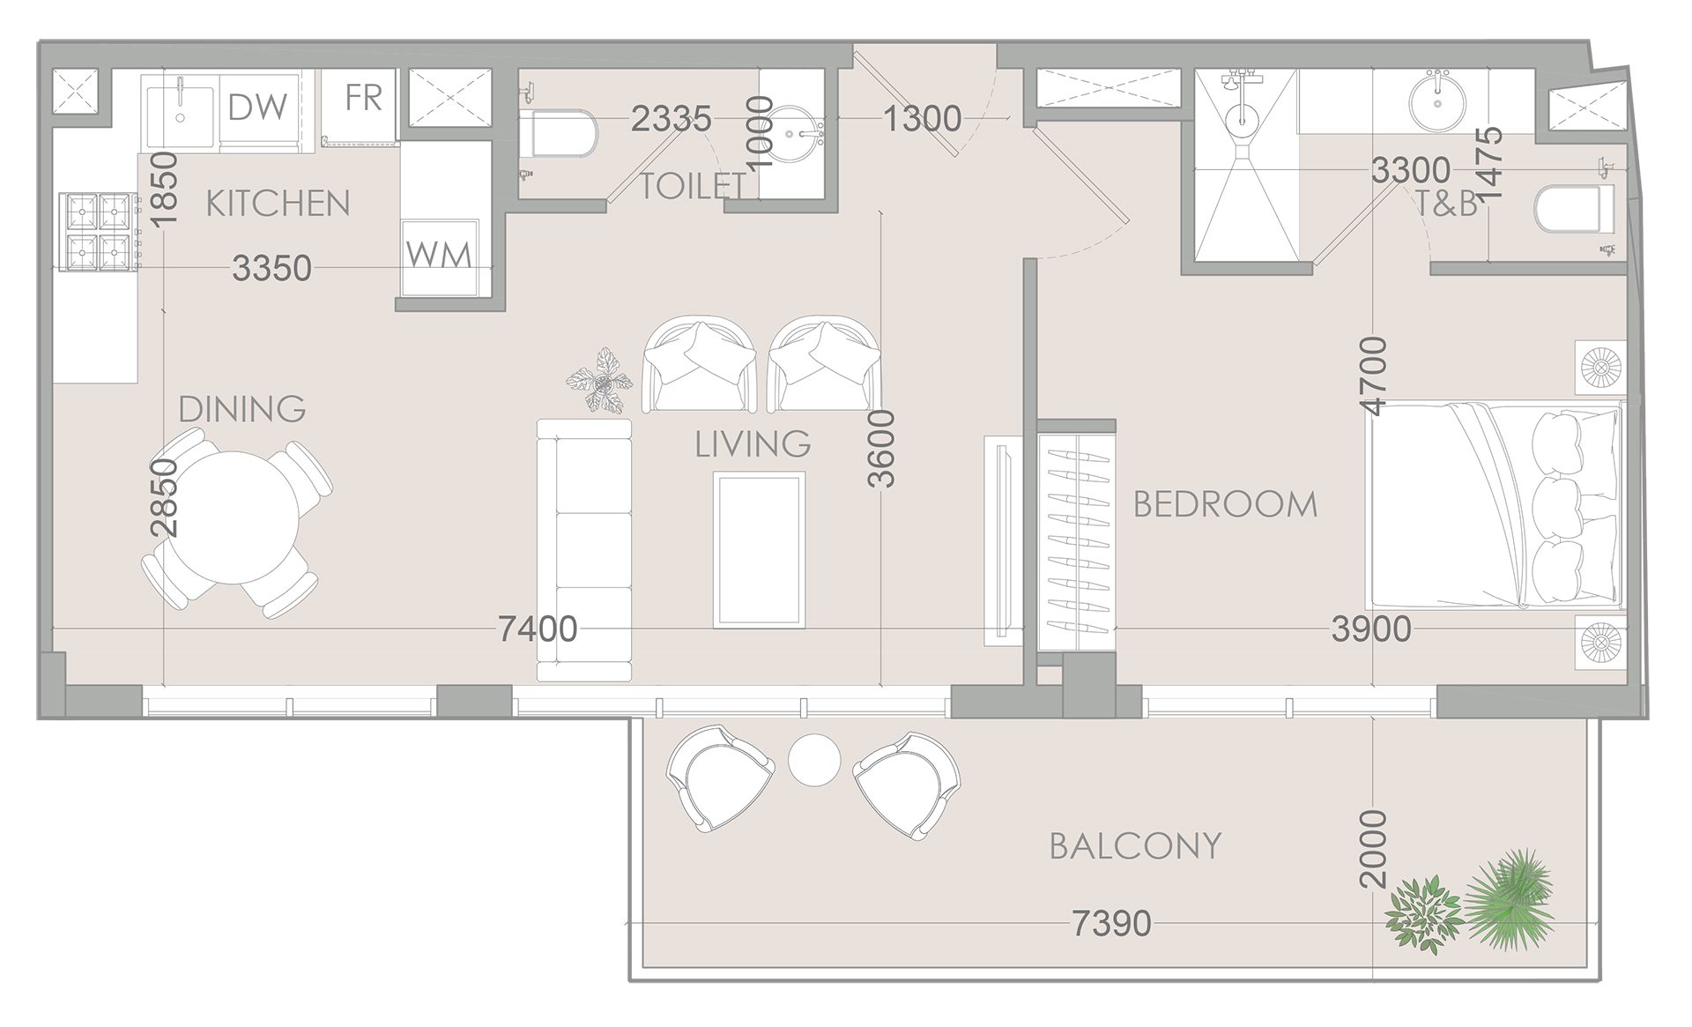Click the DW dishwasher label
(x=257, y=108)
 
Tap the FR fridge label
(x=363, y=98)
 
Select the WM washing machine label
(x=439, y=255)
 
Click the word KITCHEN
(x=278, y=204)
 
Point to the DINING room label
(x=242, y=409)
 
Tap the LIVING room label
(x=753, y=444)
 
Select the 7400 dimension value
(x=538, y=629)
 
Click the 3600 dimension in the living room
(x=881, y=449)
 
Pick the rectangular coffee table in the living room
(x=759, y=549)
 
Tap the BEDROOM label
(x=1225, y=504)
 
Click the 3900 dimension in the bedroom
(x=1371, y=629)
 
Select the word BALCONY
(x=1135, y=846)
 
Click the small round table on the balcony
(x=814, y=759)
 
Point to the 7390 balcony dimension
(x=1111, y=924)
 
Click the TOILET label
(x=693, y=186)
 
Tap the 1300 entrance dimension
(x=922, y=118)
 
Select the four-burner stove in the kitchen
(x=97, y=231)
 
